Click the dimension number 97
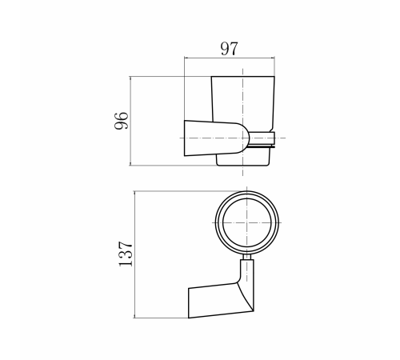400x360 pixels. point(229,49)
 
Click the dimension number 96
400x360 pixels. point(122,121)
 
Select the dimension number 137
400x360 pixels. point(126,254)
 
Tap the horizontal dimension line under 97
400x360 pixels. point(230,57)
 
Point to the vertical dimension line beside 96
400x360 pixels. point(130,121)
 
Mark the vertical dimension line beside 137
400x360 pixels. point(134,254)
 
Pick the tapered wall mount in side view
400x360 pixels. point(217,138)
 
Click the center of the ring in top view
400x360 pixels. point(247,222)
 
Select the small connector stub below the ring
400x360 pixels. point(247,257)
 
